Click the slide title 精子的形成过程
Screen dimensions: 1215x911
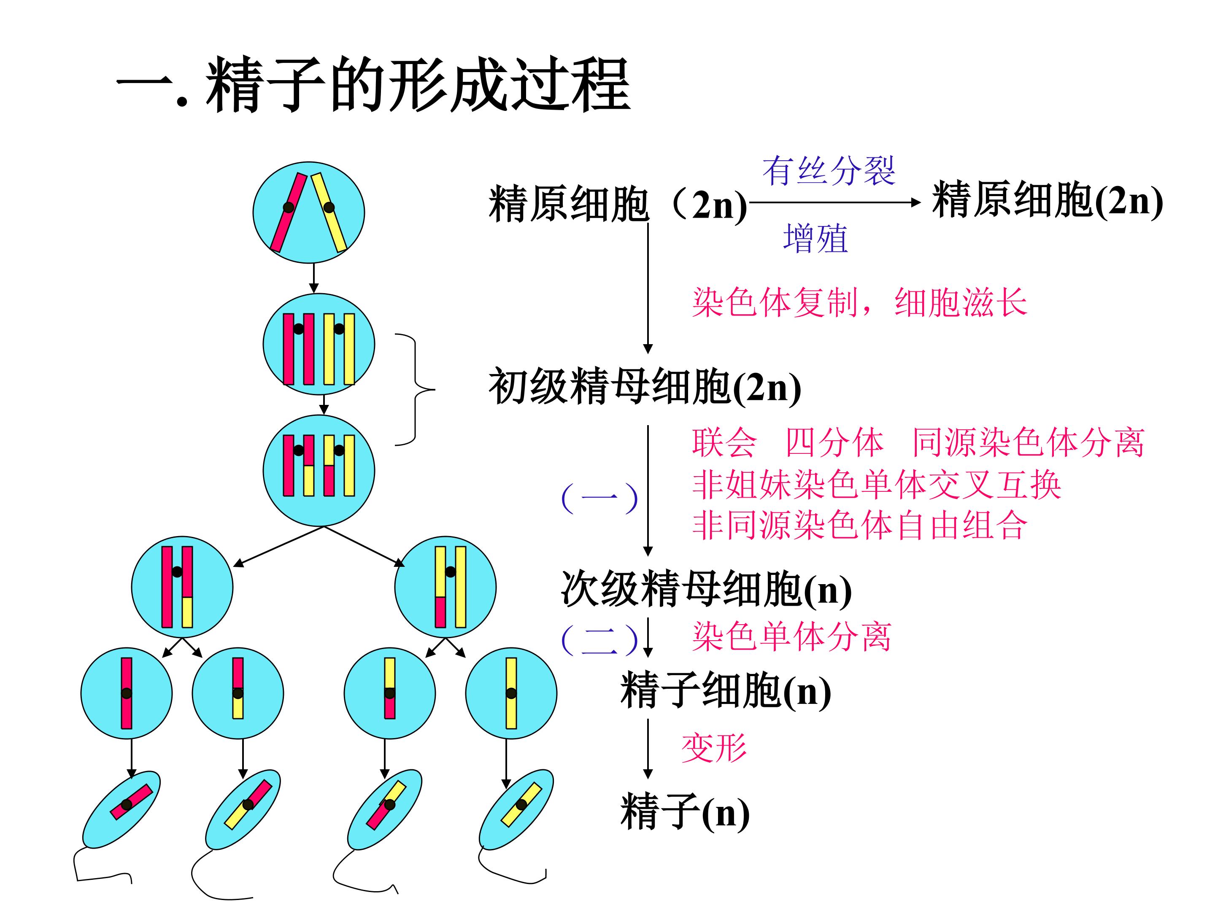point(418,85)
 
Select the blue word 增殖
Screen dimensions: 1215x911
point(815,238)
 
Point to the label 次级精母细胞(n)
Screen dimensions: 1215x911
point(706,589)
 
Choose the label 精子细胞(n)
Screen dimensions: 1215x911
point(726,690)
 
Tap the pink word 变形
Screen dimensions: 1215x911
point(714,748)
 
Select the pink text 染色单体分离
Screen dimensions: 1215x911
point(791,637)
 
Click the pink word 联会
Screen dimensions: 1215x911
point(724,442)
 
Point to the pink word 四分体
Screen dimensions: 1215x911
point(835,442)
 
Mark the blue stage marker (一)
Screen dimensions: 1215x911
point(599,498)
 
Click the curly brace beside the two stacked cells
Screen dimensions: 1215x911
point(415,389)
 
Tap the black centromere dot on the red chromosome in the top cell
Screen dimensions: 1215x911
point(289,208)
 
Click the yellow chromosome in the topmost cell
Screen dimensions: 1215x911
point(329,212)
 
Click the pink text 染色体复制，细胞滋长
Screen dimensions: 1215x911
point(860,302)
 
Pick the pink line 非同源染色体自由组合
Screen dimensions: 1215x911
point(860,525)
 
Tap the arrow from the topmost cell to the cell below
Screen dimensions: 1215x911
point(313,278)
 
